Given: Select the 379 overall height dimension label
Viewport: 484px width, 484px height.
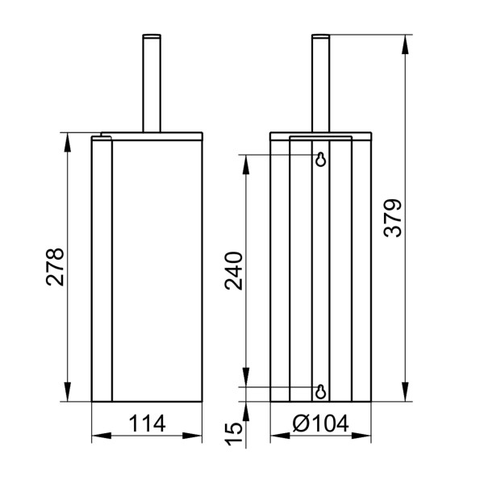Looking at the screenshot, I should tap(392, 218).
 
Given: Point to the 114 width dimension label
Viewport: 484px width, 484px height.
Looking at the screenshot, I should tap(146, 423).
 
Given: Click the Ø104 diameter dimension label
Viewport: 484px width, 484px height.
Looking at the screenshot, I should tap(320, 423).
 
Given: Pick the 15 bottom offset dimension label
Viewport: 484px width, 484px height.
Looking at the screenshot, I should tap(233, 432).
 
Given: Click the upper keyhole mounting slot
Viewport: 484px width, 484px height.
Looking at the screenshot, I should tap(321, 159).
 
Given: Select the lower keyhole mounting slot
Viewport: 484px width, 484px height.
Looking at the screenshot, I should tap(321, 391).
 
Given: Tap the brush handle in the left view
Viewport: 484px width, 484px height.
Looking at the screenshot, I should tap(150, 81).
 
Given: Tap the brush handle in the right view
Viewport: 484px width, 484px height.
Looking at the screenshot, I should tap(320, 81).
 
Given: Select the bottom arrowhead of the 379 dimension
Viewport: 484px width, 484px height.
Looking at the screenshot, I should tap(404, 395).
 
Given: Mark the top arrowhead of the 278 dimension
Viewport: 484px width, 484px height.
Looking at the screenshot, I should tap(67, 140).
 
